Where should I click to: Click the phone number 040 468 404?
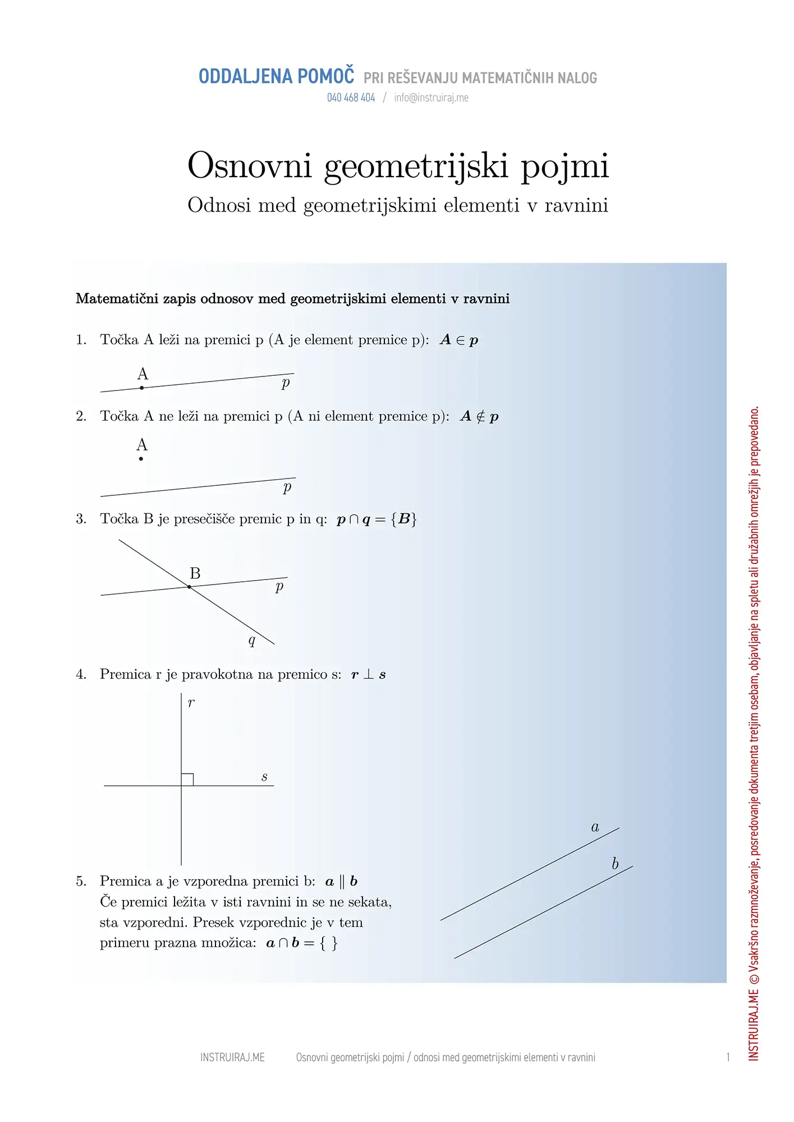(351, 98)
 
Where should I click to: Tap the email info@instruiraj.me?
(431, 98)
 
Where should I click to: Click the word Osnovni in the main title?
(249, 166)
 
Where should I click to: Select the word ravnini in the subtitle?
(576, 205)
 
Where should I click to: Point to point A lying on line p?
(142, 388)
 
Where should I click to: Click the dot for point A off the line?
(141, 459)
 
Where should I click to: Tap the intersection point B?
(189, 587)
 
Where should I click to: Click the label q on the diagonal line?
(252, 640)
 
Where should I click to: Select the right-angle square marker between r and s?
(187, 779)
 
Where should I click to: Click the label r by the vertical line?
(191, 703)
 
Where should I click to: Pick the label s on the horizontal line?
(264, 777)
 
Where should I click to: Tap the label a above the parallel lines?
(595, 827)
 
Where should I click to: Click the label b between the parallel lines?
(615, 863)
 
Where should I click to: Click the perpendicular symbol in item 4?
(368, 674)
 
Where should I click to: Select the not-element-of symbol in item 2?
(480, 416)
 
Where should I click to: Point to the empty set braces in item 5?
(329, 943)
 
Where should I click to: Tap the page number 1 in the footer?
(728, 1057)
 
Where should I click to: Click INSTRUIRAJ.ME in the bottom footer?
(232, 1057)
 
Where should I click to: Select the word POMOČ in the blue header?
(325, 76)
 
